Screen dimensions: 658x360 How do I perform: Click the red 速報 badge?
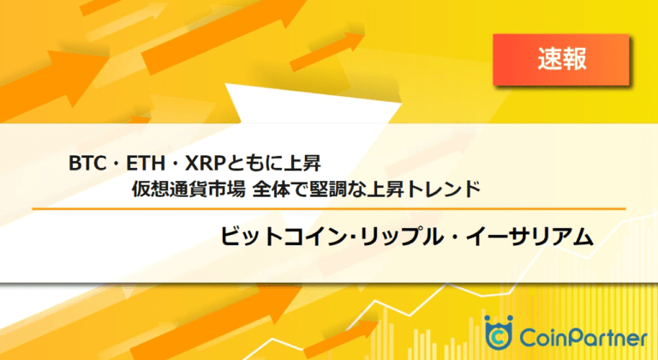pyautogui.click(x=561, y=59)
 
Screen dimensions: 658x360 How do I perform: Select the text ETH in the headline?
pyautogui.click(x=146, y=164)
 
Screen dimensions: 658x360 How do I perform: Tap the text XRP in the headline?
pyautogui.click(x=206, y=164)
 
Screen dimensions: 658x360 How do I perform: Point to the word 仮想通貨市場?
pyautogui.click(x=188, y=189)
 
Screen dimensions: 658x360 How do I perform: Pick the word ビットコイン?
pyautogui.click(x=284, y=237)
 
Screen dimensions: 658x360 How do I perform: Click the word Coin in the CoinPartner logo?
pyautogui.click(x=543, y=338)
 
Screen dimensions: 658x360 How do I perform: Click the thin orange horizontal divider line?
pyautogui.click(x=329, y=209)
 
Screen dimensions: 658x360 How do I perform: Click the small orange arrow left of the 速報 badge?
pyautogui.click(x=326, y=51)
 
